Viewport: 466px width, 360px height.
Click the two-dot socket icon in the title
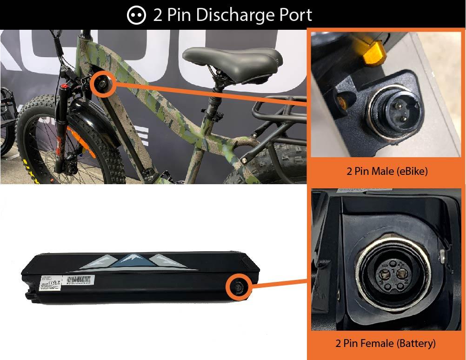click(x=136, y=15)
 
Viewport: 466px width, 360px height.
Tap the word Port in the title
click(x=293, y=15)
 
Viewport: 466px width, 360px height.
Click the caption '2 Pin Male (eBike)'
click(x=387, y=171)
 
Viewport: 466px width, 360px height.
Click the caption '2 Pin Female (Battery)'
click(x=386, y=344)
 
